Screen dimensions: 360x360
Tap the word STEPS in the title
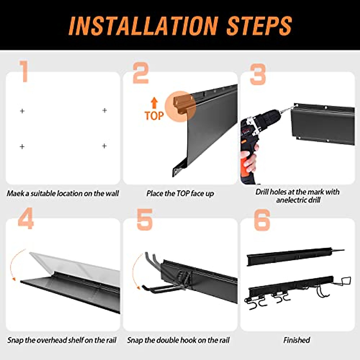click(259, 26)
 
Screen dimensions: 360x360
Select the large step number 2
click(141, 73)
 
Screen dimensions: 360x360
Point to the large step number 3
click(258, 74)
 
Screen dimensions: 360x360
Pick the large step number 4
click(26, 219)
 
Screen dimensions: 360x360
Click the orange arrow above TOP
click(154, 103)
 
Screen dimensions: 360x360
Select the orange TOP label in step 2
click(154, 116)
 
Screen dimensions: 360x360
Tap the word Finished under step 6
click(297, 340)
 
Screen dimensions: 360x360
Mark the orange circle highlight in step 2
click(180, 107)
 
